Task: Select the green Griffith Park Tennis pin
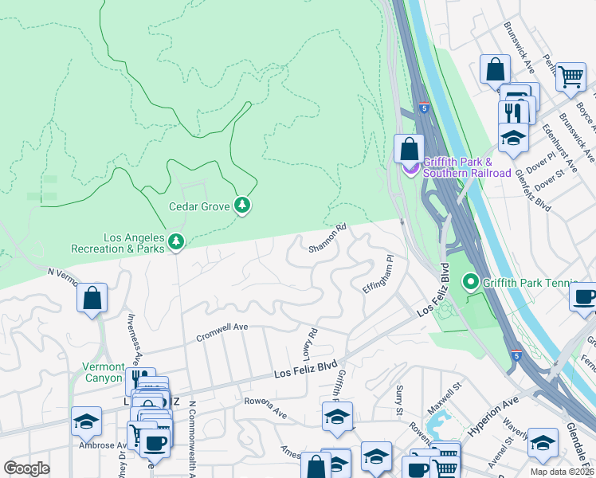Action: [x=471, y=281]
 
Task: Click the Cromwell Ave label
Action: [x=222, y=332]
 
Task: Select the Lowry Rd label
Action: [x=310, y=343]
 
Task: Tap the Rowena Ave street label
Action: [x=265, y=408]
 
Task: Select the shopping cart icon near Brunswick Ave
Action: [x=570, y=78]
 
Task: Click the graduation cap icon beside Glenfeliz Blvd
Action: [x=513, y=137]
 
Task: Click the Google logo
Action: [x=26, y=468]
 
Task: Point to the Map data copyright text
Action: [x=563, y=472]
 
